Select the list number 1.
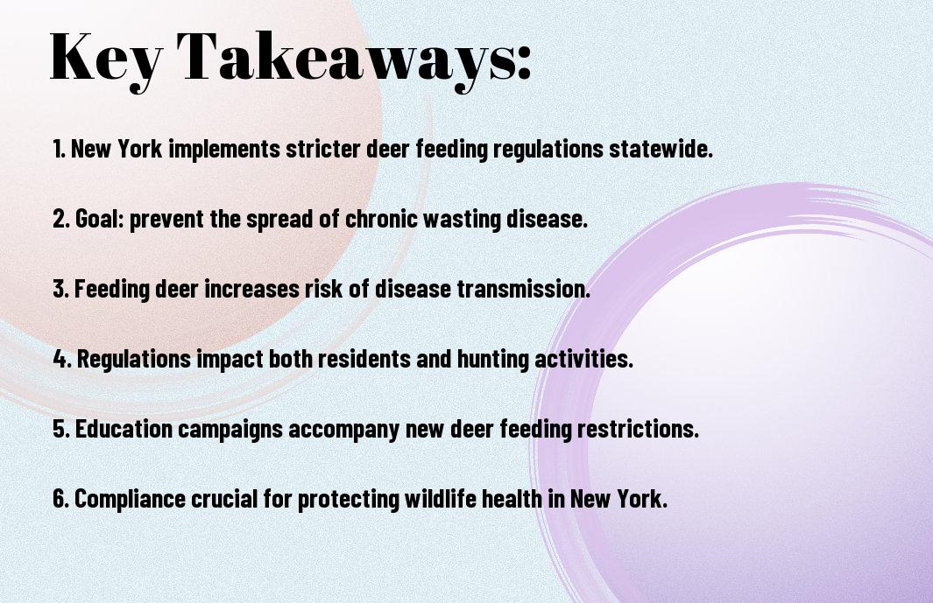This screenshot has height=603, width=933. click(x=59, y=148)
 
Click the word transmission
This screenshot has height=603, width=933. click(x=524, y=289)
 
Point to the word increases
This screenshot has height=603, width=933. click(x=251, y=289)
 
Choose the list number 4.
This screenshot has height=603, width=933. click(x=62, y=359)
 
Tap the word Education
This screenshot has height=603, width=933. click(x=124, y=428)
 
